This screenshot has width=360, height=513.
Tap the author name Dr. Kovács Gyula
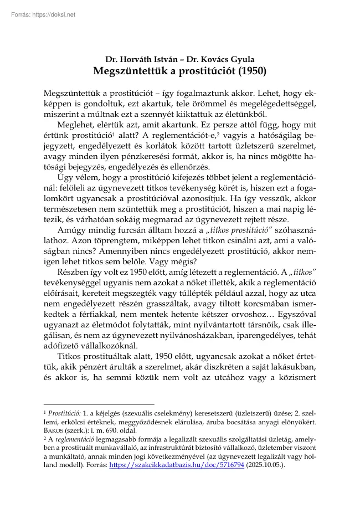(219, 59)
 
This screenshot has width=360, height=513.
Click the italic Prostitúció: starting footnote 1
(64, 413)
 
